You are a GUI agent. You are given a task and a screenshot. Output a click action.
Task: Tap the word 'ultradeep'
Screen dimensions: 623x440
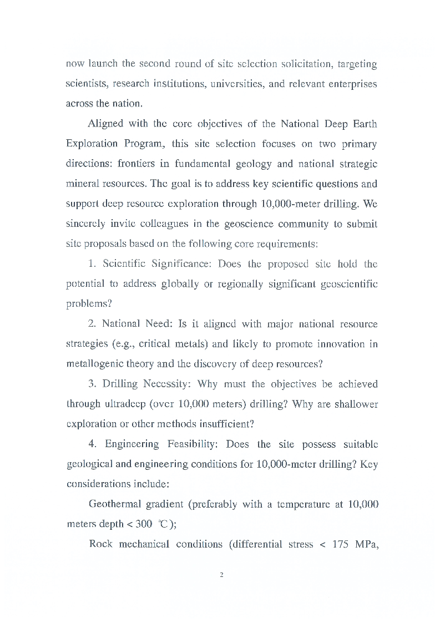coord(117,404)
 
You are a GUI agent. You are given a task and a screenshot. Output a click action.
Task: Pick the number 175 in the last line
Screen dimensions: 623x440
coord(342,544)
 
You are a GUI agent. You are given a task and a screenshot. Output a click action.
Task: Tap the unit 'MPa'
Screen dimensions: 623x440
coord(366,544)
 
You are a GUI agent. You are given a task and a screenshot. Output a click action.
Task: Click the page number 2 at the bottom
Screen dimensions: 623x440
coord(221,575)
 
